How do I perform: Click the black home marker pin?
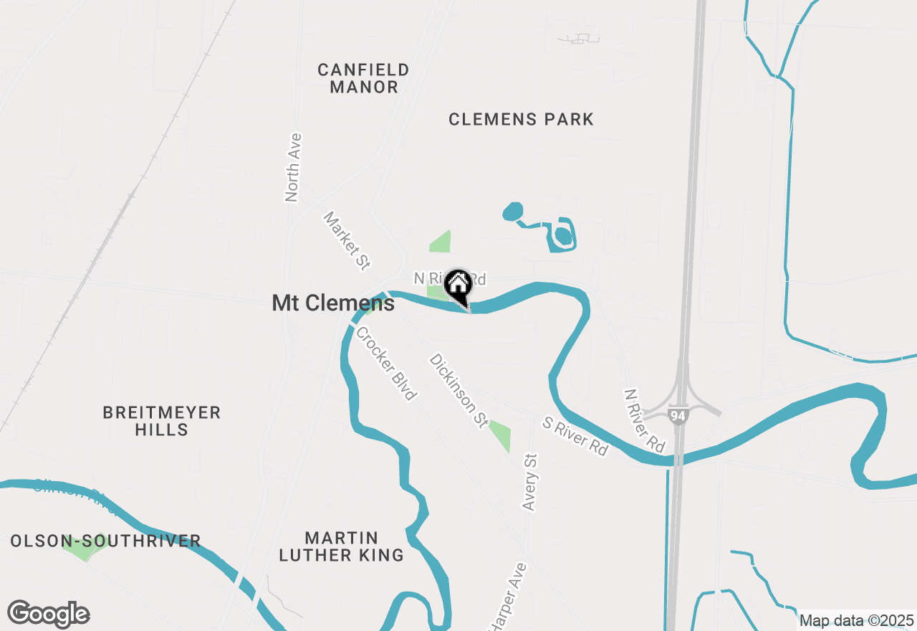pos(458,286)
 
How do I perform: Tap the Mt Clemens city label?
pos(333,303)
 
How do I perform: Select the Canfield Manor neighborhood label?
pos(363,79)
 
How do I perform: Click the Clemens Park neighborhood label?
pos(521,120)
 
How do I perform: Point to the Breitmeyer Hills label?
pos(161,421)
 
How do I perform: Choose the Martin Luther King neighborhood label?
pos(341,546)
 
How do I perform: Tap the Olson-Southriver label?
pos(105,541)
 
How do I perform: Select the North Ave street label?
pos(292,168)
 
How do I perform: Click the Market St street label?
pos(347,241)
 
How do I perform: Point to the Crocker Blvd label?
pos(386,364)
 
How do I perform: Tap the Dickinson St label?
pos(458,392)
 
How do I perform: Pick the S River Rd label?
pos(575,437)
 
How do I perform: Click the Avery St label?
pos(530,482)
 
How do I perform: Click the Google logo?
pos(48,615)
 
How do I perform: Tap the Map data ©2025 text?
pos(856,621)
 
